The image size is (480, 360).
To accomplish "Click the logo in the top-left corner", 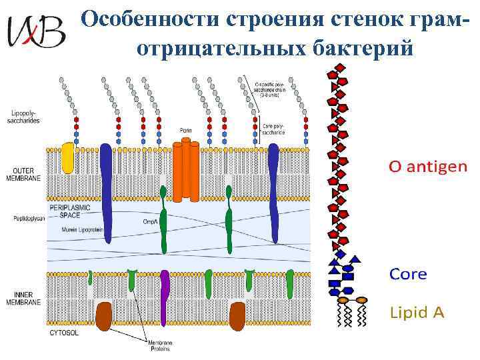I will click(x=36, y=31).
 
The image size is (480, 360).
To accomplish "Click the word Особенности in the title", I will click(x=151, y=19).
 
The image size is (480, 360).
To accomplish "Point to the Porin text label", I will click(x=186, y=129).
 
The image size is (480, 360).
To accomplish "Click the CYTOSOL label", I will click(x=65, y=332).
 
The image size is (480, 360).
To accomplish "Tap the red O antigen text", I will click(x=428, y=167).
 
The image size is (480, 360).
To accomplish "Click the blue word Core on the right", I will click(x=407, y=274).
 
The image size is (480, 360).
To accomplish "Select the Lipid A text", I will click(x=416, y=312).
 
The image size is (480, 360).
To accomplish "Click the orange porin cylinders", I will click(x=186, y=170).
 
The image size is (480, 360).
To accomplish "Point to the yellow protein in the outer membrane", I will click(x=67, y=158).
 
